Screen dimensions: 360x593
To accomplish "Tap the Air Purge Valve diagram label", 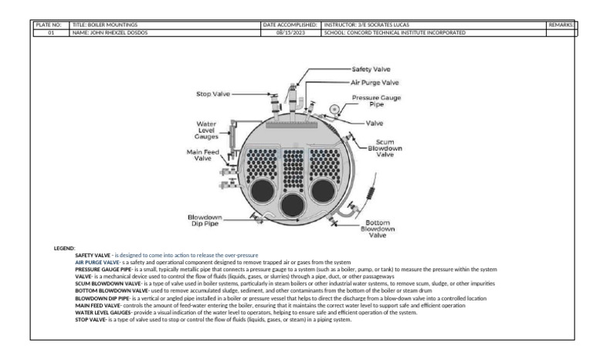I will (375, 82).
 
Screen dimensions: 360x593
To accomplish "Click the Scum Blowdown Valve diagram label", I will (385, 148).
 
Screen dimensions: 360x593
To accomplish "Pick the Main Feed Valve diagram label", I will (204, 155).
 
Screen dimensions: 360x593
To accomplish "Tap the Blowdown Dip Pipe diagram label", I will (205, 220).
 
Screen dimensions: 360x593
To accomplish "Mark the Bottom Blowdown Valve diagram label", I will (376, 229).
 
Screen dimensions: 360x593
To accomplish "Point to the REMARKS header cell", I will (561, 25).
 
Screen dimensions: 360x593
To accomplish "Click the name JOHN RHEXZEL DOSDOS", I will (115, 32).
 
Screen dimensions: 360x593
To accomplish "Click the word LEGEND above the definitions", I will (63, 249).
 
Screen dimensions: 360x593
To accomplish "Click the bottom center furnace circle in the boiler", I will (292, 205).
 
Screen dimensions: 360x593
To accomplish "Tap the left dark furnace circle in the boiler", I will (260, 190).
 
